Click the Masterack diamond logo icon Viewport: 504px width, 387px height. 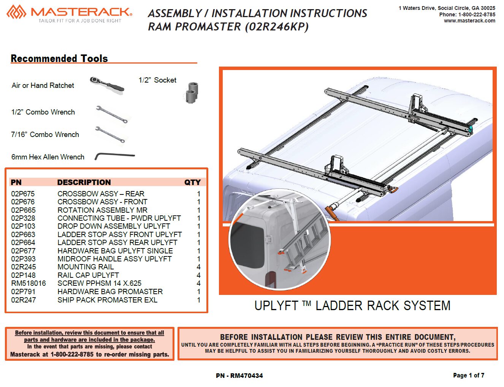coord(16,12)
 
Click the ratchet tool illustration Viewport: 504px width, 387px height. coord(107,84)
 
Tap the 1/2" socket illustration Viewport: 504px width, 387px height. coord(192,92)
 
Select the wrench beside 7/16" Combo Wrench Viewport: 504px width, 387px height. coord(110,135)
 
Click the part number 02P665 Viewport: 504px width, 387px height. coord(23,210)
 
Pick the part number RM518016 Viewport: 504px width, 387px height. coord(29,283)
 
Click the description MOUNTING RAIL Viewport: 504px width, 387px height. coord(86,267)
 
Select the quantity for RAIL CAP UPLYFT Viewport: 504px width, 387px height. coord(198,276)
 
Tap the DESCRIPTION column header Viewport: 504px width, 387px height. coord(84,183)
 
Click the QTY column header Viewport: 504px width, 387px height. coord(192,183)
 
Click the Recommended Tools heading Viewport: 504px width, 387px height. coord(59,59)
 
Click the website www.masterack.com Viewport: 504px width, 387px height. coord(469,21)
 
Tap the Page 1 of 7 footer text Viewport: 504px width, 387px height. coord(469,375)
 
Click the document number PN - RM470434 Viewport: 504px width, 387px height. coord(239,376)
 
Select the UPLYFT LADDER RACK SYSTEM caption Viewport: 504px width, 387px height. coord(352,306)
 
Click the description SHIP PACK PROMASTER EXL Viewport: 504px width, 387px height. coord(108,300)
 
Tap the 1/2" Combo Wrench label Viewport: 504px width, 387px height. coord(43,112)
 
